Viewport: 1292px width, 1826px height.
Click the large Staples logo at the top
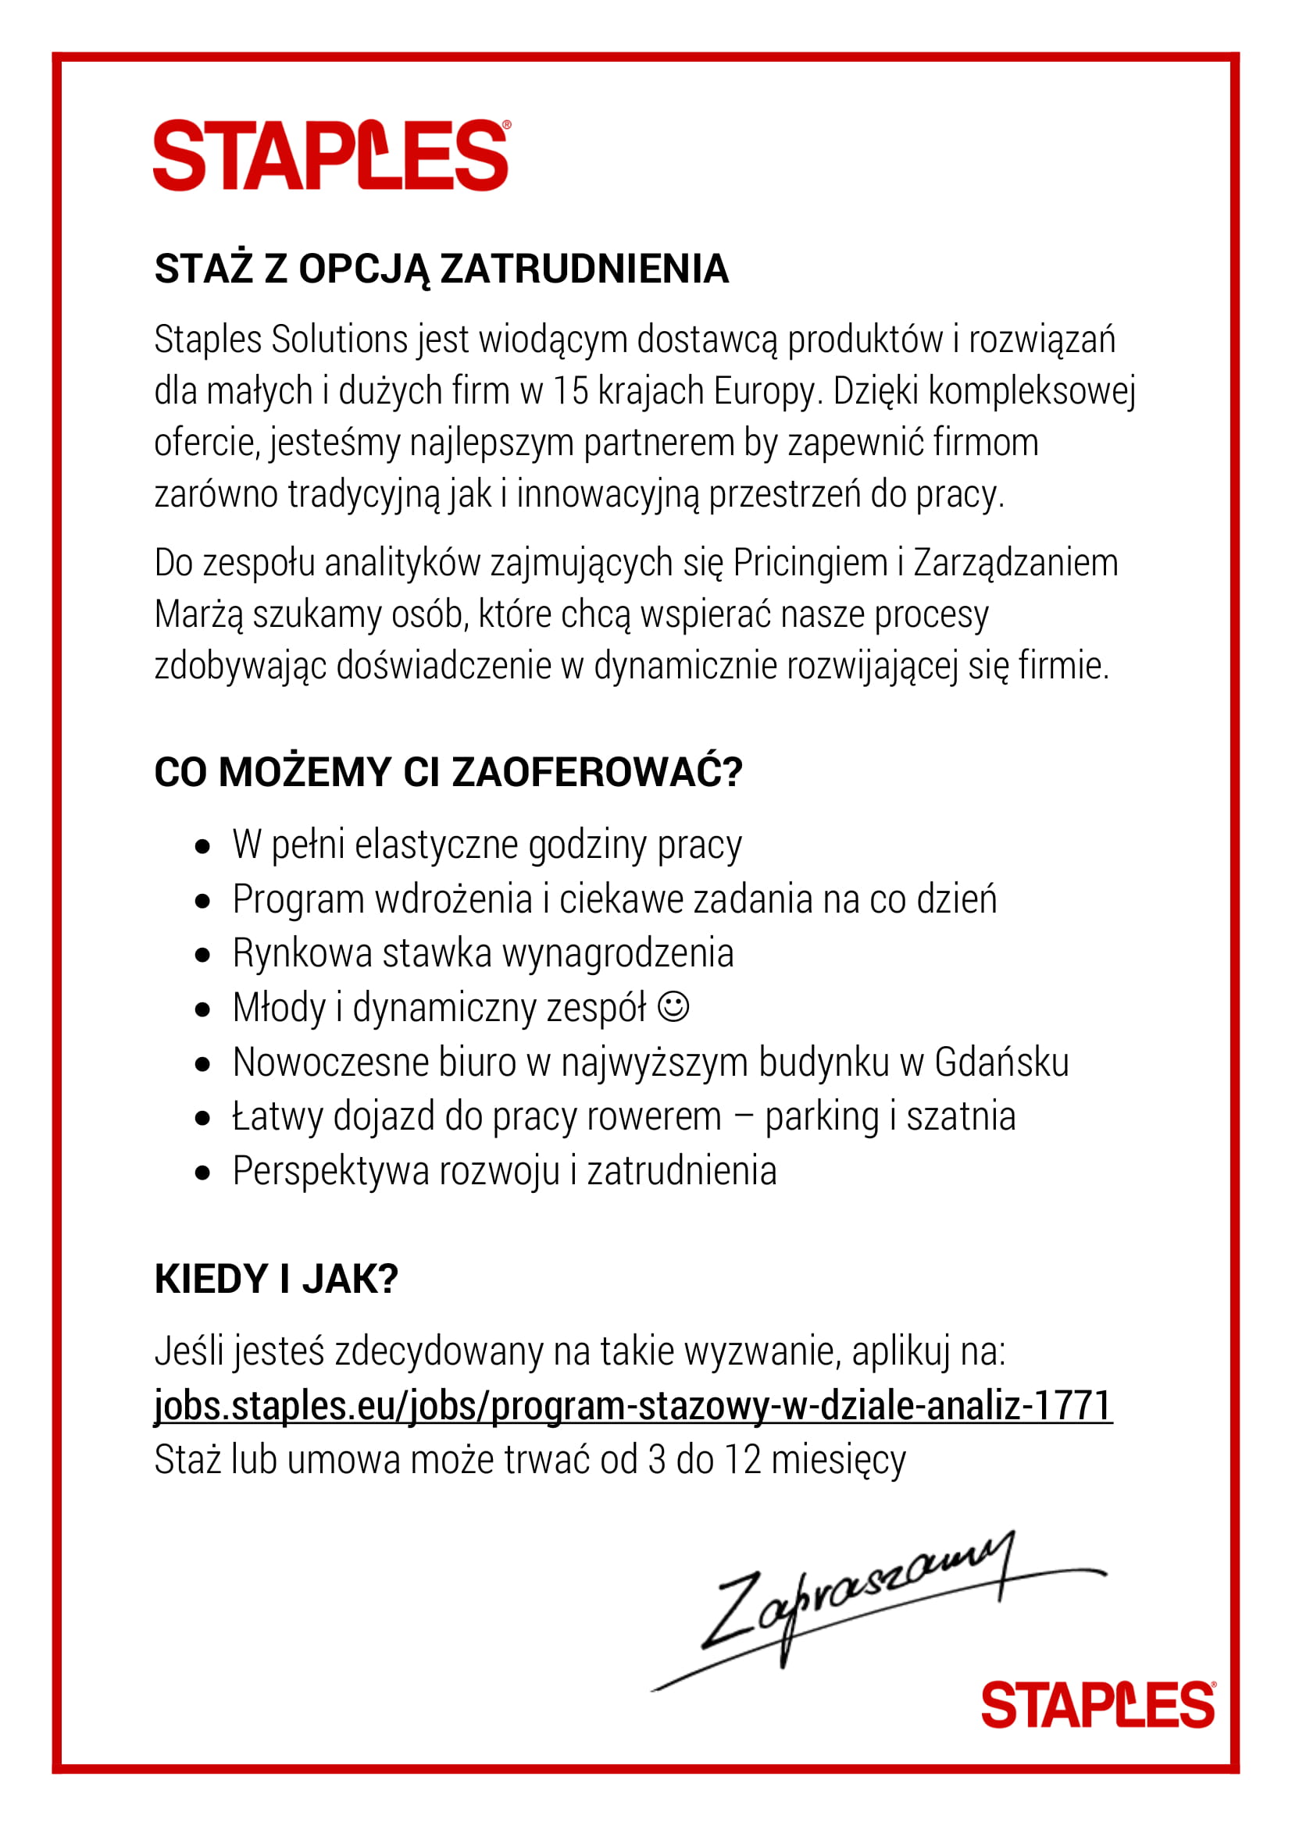pos(331,156)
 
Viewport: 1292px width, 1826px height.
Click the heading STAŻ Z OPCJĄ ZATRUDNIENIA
pos(441,269)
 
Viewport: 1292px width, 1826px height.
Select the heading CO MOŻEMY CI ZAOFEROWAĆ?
pos(448,771)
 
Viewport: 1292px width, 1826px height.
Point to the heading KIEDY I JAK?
pos(276,1279)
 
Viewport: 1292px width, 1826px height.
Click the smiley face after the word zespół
pos(673,1006)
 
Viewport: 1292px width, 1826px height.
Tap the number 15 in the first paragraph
pos(569,390)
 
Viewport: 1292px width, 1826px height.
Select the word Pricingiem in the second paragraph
pos(810,562)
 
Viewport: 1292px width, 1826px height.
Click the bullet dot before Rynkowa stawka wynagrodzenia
pos(203,954)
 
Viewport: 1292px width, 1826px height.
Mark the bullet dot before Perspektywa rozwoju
pos(203,1172)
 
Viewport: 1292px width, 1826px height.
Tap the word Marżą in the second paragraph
pos(198,614)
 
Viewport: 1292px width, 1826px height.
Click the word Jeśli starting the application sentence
pos(188,1351)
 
